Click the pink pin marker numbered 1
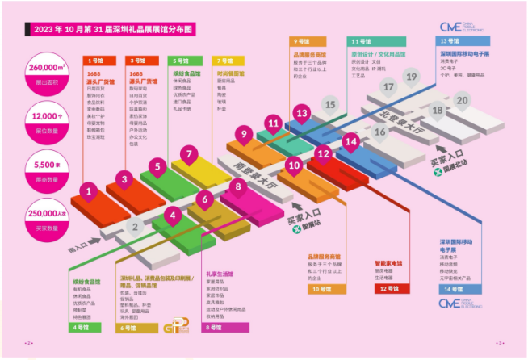(88, 191)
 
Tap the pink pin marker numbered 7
(187, 153)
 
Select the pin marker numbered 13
(302, 114)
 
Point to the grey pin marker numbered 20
(461, 101)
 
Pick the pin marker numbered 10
(294, 166)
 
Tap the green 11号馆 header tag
(361, 40)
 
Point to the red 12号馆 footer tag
(388, 288)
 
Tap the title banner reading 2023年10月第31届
(114, 29)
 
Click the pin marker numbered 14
(350, 141)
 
